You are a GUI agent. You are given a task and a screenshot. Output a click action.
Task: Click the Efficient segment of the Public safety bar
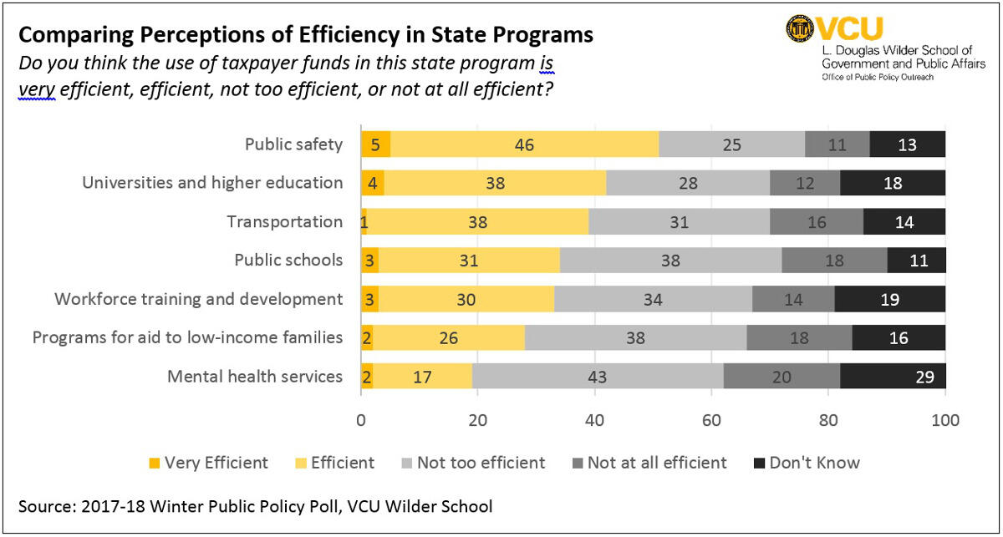coord(524,144)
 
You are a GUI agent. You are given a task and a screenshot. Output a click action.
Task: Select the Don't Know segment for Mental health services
coord(893,377)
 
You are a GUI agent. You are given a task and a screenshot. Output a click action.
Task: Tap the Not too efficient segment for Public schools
coord(670,261)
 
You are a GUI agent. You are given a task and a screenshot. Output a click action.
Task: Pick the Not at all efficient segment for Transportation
coord(816,222)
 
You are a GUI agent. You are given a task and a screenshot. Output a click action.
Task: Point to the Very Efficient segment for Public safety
coord(375,144)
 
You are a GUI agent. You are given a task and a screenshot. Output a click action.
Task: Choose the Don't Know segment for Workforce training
coord(889,299)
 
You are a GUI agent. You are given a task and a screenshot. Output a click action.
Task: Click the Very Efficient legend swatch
coord(155,463)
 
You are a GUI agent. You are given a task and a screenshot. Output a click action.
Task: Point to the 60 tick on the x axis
coord(711,420)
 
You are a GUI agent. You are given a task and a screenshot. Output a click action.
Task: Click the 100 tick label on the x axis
coord(944,420)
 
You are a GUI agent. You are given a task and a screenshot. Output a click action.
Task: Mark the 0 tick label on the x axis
coord(361,420)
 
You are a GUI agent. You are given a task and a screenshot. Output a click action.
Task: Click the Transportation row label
coord(284,222)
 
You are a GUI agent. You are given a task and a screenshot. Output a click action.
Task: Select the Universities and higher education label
coord(212,183)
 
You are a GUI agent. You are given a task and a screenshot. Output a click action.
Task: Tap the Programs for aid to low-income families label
coord(187,338)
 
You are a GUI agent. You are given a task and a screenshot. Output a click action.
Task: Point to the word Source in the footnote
coord(44,506)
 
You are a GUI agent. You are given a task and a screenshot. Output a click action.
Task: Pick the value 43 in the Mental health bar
coord(597,377)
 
